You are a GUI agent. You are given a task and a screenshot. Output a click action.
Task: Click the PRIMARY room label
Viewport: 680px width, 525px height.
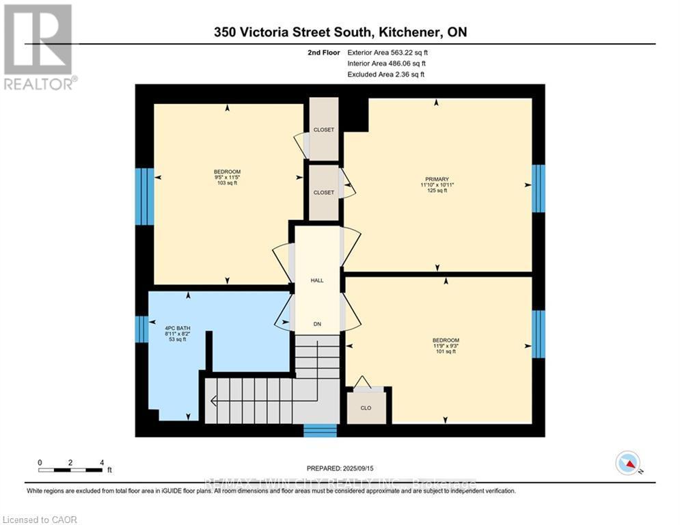coord(434,179)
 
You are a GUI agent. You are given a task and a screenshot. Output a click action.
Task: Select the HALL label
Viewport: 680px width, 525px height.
coord(316,280)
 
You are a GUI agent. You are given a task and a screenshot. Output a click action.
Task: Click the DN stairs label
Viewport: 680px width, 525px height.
coord(316,324)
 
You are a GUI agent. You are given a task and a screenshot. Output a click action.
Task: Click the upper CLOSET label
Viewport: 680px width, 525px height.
coord(323,130)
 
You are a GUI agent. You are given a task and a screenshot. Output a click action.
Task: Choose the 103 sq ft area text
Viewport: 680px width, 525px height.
coord(227,183)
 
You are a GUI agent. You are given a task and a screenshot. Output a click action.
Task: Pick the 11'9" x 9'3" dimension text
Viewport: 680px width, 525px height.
coord(445,347)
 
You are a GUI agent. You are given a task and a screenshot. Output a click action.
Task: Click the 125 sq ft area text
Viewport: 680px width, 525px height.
coord(434,191)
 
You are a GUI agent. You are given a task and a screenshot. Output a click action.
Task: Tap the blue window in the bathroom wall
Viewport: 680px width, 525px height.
coord(141,329)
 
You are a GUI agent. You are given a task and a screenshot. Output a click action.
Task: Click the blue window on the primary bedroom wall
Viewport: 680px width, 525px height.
coord(539,188)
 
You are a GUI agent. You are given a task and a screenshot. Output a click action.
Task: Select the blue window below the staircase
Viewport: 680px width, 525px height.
coord(320,430)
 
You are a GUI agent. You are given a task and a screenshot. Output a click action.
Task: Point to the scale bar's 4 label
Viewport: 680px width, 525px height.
coord(101,462)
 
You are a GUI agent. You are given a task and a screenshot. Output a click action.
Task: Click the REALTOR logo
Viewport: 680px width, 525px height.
coord(38,46)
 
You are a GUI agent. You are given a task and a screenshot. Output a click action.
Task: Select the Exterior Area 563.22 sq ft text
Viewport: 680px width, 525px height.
coord(387,52)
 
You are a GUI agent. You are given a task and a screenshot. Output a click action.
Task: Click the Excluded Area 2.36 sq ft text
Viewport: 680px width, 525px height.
coord(385,75)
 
